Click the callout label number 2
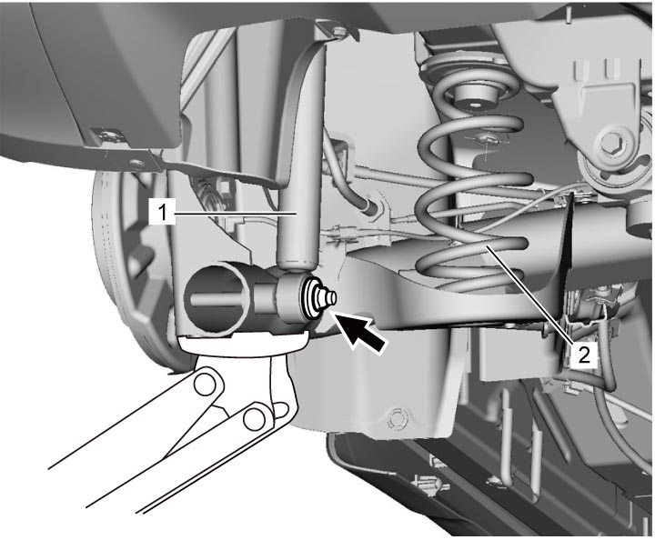pos(583,355)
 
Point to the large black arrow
pos(360,333)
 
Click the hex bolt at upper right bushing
pos(613,144)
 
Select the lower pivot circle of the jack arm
pos(254,418)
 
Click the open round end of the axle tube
pos(214,296)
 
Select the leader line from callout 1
pos(236,214)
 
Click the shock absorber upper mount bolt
pos(339,30)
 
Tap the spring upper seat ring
pos(468,69)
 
